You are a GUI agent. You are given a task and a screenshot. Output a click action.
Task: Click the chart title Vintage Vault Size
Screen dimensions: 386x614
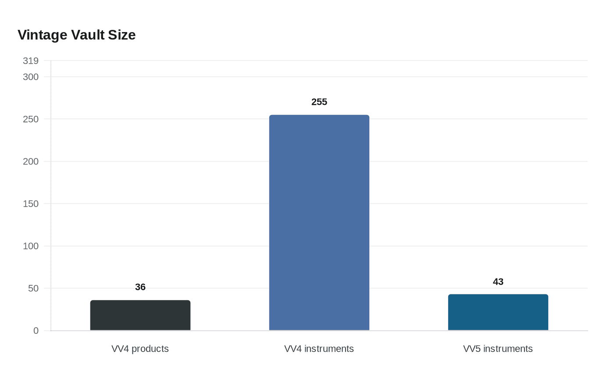(x=77, y=35)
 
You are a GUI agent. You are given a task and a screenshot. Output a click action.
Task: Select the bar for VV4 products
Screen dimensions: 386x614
(x=140, y=315)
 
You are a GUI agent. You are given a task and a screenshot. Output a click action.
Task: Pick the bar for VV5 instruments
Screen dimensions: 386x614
(x=498, y=312)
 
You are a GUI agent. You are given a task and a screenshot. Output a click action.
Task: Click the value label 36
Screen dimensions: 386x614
(x=140, y=287)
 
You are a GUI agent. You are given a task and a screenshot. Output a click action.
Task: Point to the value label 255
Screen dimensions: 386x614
(x=319, y=102)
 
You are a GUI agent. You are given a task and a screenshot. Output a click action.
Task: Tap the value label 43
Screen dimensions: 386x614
(x=498, y=282)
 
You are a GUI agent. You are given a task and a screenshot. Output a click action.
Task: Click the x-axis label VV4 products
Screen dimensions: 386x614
(x=140, y=349)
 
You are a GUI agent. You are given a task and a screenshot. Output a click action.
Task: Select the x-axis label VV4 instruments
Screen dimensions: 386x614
(x=319, y=349)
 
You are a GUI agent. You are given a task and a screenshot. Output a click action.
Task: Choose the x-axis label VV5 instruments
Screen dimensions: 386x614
(x=498, y=349)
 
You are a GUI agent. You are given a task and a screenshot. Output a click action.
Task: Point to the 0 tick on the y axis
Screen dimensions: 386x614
(x=36, y=331)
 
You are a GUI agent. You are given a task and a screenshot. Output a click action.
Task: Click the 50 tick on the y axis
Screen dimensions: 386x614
(x=33, y=288)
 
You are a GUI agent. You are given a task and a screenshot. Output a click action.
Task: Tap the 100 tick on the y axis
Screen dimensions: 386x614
(x=31, y=246)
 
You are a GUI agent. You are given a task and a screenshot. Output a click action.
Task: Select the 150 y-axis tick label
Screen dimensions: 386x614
(x=31, y=204)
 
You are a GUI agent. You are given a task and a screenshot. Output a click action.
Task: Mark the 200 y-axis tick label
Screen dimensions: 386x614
(x=31, y=161)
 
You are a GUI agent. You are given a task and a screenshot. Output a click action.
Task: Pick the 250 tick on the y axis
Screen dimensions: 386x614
(x=31, y=119)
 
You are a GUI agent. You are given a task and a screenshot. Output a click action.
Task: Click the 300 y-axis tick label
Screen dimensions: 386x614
(x=31, y=77)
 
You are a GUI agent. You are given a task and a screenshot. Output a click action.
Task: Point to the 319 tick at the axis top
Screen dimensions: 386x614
(x=31, y=61)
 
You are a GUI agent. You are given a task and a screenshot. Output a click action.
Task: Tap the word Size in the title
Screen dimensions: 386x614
(x=122, y=35)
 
